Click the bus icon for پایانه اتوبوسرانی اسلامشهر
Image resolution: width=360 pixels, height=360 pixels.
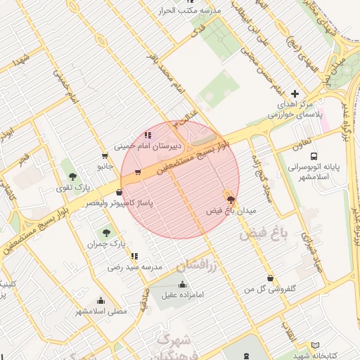pos(313,157)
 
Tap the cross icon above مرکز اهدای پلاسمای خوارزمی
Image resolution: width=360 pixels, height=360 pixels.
pos(294,94)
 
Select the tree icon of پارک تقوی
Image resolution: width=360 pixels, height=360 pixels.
pos(73,176)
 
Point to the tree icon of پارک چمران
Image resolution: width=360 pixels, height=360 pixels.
pos(105,232)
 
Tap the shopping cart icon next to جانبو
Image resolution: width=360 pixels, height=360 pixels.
pos(105,156)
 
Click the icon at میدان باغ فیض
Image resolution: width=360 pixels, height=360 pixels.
pos(231,200)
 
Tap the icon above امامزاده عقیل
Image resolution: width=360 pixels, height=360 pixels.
pos(183,284)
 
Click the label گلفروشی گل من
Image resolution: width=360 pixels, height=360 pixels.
pos(270,289)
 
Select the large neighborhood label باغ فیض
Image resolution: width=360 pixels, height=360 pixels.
pos(262,234)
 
